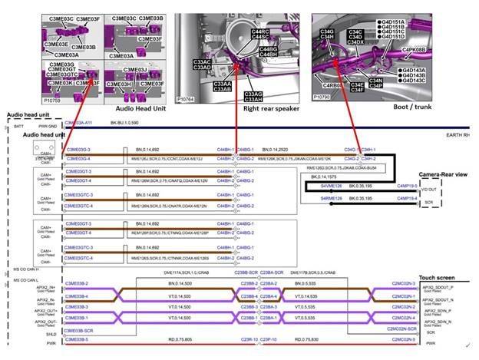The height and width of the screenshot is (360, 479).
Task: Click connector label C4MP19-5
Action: (x=407, y=185)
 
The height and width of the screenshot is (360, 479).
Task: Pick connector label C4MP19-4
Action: (x=407, y=198)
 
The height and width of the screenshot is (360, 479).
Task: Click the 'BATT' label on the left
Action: (x=10, y=124)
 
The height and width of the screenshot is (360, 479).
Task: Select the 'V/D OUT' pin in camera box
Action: (x=430, y=188)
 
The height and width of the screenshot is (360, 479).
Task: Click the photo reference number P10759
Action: (x=53, y=99)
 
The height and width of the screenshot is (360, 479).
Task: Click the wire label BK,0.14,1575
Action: (x=317, y=176)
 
